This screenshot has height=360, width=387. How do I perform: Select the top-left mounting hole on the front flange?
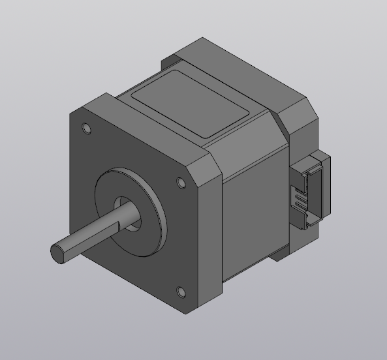[85, 128]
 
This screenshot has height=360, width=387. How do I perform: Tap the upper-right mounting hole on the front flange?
[181, 183]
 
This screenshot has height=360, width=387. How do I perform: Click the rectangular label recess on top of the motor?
[192, 104]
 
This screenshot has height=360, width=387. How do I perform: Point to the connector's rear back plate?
[326, 189]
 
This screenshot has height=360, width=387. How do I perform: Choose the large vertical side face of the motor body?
[251, 215]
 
